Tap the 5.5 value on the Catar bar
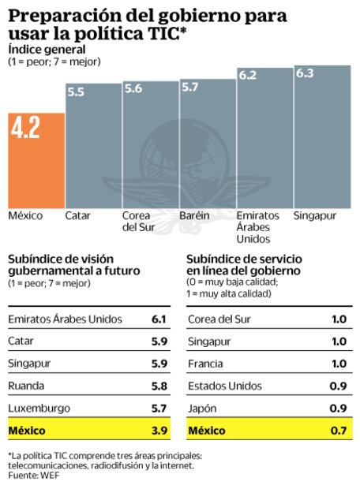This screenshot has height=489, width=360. tap(77, 92)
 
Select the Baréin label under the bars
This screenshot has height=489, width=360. tap(194, 215)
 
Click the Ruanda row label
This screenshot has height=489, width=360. tap(26, 386)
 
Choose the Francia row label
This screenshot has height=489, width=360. tap(206, 364)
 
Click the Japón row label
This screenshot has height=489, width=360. tap(203, 408)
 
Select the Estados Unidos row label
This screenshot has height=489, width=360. tap(223, 386)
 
